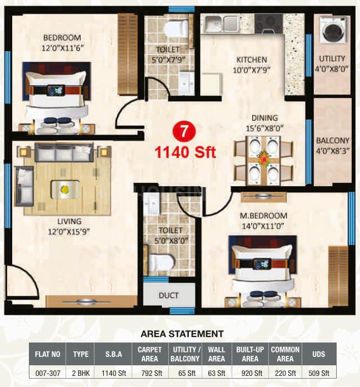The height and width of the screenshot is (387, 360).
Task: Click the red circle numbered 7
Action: point(184,132)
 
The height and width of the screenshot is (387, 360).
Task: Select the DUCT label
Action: point(169,295)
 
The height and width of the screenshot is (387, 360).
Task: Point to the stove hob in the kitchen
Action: point(268,24)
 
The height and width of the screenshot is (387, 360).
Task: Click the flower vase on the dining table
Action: point(264,158)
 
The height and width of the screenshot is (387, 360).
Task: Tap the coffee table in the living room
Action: point(65,189)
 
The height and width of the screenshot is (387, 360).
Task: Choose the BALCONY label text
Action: point(333,141)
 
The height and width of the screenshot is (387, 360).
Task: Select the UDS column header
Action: point(318,354)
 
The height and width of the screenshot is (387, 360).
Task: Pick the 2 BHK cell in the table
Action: point(81,373)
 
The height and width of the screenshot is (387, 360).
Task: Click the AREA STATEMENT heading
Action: point(182,334)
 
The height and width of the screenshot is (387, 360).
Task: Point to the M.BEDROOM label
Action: point(263,216)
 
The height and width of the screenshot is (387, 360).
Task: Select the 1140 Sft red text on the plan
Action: point(185,152)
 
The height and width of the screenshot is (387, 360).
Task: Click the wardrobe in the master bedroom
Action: point(338,277)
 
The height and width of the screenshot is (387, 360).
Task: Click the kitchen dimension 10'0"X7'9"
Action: point(252,70)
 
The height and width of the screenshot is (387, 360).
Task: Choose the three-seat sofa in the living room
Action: point(64,152)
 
